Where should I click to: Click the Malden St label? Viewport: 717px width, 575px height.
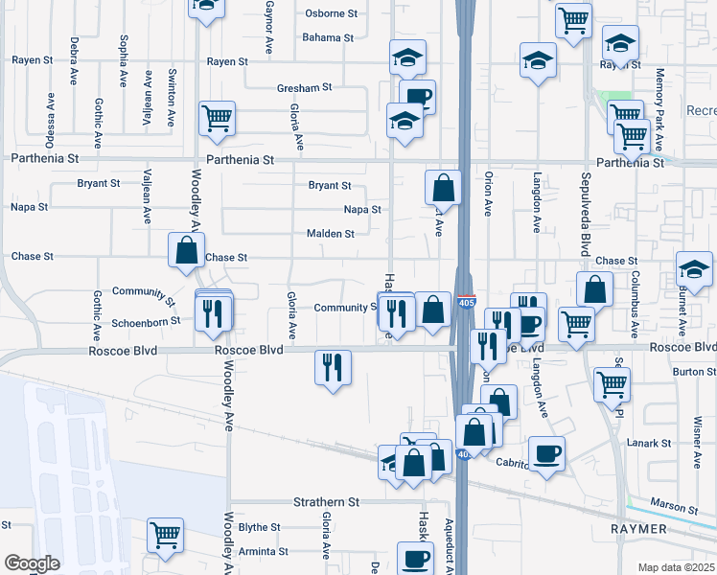[x=330, y=233]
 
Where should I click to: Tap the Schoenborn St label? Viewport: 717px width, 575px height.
[x=145, y=321]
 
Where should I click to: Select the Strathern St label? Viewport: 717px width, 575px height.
[x=326, y=502]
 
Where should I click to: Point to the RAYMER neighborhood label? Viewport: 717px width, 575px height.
[x=639, y=528]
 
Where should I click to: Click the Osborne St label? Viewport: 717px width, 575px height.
[x=330, y=13]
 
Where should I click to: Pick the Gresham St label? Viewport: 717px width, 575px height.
[x=304, y=87]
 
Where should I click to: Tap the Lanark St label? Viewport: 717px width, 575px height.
[x=651, y=443]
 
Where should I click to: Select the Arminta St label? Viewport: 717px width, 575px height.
[x=264, y=552]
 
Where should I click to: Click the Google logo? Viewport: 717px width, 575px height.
[x=32, y=563]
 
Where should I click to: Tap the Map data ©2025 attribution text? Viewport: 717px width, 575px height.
[x=675, y=567]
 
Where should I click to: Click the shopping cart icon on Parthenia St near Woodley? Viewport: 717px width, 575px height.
[x=217, y=120]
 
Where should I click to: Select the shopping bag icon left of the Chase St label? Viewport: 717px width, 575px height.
[x=186, y=251]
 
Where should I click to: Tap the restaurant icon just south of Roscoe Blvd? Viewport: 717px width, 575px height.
[x=333, y=367]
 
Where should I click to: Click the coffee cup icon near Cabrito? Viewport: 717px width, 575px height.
[x=546, y=453]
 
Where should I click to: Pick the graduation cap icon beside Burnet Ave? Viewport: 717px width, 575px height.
[x=694, y=269]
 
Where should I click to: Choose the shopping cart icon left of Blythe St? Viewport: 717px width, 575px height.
[x=165, y=536]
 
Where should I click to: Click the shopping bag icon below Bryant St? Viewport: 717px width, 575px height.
[x=444, y=189]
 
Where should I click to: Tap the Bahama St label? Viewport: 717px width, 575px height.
[x=328, y=38]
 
